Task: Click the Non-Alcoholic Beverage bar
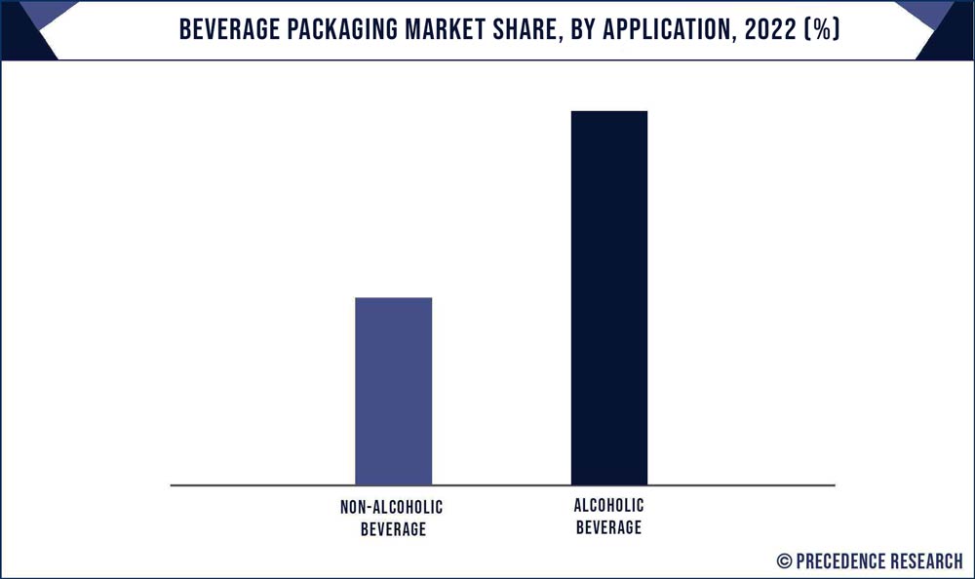393,391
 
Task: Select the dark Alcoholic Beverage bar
609,297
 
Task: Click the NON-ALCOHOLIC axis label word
392,508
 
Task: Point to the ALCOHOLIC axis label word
609,506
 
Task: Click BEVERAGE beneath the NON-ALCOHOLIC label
393,529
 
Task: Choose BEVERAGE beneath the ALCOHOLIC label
609,527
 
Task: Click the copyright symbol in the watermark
784,560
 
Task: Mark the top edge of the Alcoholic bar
609,112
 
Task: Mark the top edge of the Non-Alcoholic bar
393,298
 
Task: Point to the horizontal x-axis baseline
244,484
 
